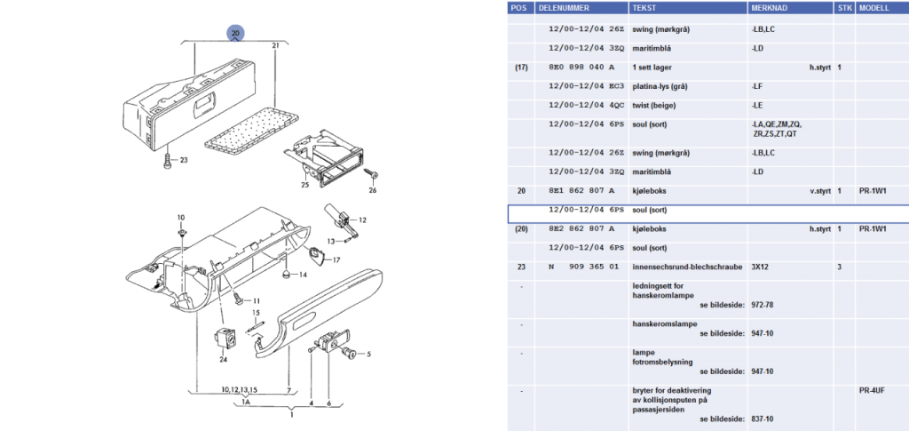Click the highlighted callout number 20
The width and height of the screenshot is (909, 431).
(234, 33)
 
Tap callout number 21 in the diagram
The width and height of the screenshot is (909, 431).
(276, 44)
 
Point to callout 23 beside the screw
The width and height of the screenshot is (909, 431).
(184, 160)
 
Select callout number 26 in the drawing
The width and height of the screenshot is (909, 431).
(373, 190)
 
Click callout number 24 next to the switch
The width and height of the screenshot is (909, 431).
(223, 360)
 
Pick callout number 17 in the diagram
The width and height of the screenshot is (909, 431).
(336, 259)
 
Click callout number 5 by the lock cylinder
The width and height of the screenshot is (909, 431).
(368, 354)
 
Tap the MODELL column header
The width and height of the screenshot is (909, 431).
(875, 7)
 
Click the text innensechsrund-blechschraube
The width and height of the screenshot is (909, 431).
(681, 267)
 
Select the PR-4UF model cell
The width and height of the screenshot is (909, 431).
(873, 390)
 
